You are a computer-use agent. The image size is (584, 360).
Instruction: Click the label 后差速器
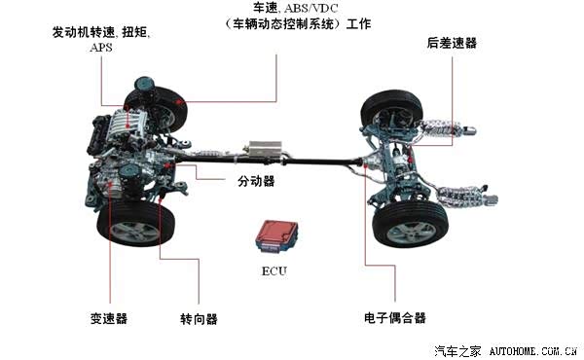pos(452,43)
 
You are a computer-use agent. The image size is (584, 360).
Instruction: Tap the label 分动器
pos(256,181)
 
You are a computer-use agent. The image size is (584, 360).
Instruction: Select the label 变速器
pos(109,319)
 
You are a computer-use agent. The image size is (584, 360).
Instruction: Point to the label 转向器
pos(199,319)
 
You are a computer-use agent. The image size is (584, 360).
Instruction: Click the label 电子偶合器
pos(395,318)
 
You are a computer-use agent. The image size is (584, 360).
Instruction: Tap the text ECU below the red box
pos(274,271)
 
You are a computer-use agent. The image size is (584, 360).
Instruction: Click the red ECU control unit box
pos(276,236)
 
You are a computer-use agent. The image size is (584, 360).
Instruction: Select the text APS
pos(101,48)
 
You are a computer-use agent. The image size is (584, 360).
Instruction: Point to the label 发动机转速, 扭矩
pos(101,32)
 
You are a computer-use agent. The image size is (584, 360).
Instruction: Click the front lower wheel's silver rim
pos(135,232)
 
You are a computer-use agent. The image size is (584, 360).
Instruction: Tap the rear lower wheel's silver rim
pos(412,233)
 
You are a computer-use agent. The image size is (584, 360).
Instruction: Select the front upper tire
pos(157,108)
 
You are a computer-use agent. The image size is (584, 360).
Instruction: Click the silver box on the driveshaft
pos(265,150)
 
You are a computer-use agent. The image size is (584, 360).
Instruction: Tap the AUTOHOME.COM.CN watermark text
pos(533,350)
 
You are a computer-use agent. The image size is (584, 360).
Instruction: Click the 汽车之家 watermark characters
pos(457,350)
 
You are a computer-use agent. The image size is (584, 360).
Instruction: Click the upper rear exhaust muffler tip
pos(468,130)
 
